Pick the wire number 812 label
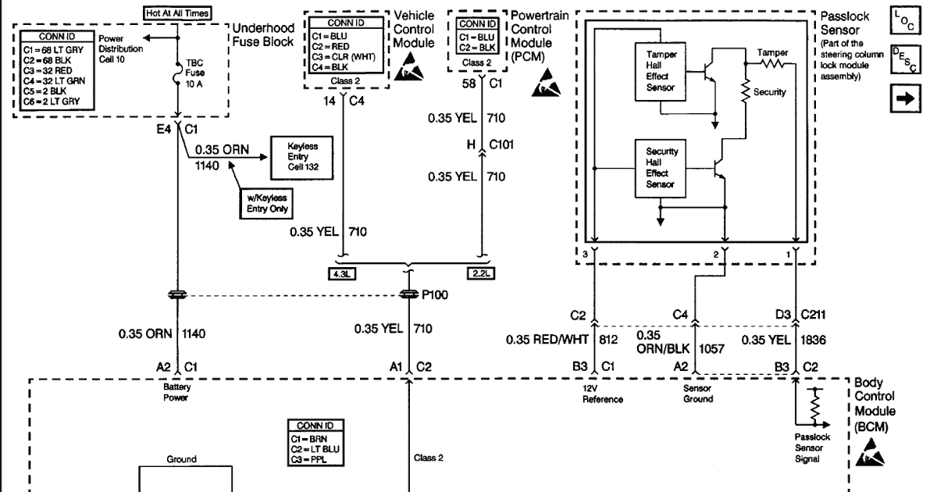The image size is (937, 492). (607, 339)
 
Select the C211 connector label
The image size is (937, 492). (816, 316)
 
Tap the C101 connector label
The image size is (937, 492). (504, 145)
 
